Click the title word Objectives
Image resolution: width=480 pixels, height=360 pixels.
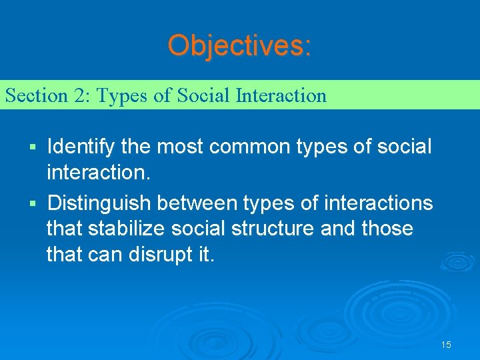click(x=238, y=45)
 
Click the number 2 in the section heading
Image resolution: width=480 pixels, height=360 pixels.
click(x=79, y=95)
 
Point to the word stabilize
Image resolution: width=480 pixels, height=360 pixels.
click(x=136, y=229)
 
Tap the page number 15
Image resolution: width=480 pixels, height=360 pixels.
click(x=446, y=345)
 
